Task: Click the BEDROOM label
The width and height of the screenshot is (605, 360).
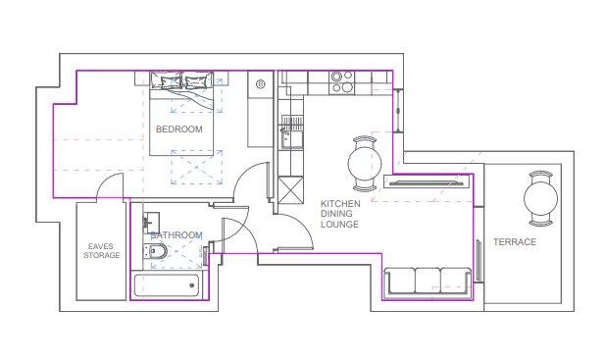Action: pos(178,129)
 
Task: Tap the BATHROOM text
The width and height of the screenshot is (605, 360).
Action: pos(176,235)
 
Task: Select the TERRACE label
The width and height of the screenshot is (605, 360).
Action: pos(514,242)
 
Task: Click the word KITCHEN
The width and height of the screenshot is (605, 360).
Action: pos(340,204)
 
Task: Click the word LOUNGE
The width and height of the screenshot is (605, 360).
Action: pos(339,226)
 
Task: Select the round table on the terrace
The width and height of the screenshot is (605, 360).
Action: pos(540,200)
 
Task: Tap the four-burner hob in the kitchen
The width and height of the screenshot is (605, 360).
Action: pos(341,81)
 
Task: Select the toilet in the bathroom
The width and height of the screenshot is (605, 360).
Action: pos(159,254)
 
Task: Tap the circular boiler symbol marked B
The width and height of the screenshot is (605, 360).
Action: pos(261,85)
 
